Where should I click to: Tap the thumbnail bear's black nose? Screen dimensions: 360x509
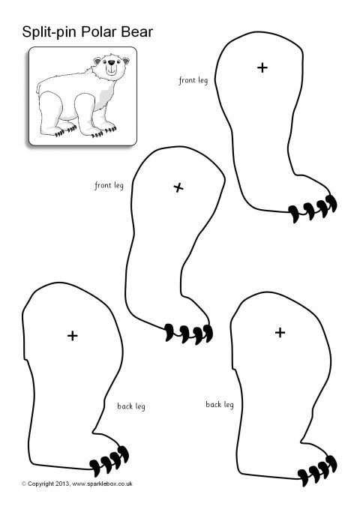click(x=112, y=62)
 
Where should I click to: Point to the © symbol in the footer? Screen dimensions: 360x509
click(x=24, y=484)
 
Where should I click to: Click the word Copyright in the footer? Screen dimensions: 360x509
click(x=40, y=484)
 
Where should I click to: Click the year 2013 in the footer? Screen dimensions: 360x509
click(x=62, y=484)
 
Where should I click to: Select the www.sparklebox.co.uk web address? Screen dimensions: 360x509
click(x=102, y=484)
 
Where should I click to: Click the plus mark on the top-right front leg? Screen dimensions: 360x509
click(x=262, y=68)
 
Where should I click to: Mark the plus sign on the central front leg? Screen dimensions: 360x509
click(x=178, y=187)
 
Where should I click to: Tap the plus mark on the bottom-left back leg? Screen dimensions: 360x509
click(x=73, y=336)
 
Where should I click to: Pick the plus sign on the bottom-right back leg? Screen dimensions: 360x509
click(x=280, y=332)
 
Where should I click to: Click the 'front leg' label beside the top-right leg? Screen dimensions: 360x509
click(x=193, y=80)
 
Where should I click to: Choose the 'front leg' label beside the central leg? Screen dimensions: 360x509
click(x=109, y=185)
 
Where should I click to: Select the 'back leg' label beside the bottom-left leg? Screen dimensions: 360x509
click(x=131, y=406)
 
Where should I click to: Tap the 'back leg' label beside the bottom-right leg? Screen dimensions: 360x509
click(x=220, y=405)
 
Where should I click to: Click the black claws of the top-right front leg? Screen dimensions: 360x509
click(x=313, y=209)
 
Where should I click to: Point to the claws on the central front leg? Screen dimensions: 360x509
click(x=188, y=333)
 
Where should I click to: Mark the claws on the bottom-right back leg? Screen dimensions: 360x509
click(x=317, y=471)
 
